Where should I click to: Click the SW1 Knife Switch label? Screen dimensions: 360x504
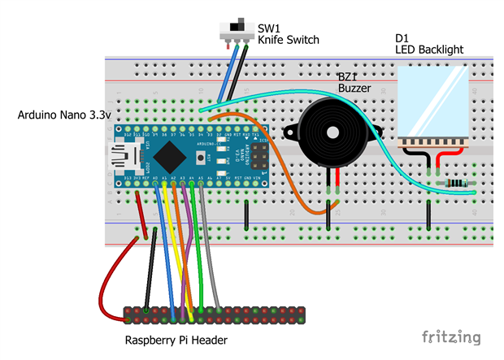click(288, 33)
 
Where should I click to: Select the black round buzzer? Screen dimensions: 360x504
click(329, 134)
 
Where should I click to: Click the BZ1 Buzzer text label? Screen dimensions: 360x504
click(355, 82)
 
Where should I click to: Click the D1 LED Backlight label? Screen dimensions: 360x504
click(428, 44)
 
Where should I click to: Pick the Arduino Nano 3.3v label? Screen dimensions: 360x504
click(63, 116)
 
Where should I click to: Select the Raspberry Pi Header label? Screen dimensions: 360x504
click(176, 340)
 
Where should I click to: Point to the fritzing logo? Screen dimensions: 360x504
click(450, 336)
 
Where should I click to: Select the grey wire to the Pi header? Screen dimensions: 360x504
click(210, 244)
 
